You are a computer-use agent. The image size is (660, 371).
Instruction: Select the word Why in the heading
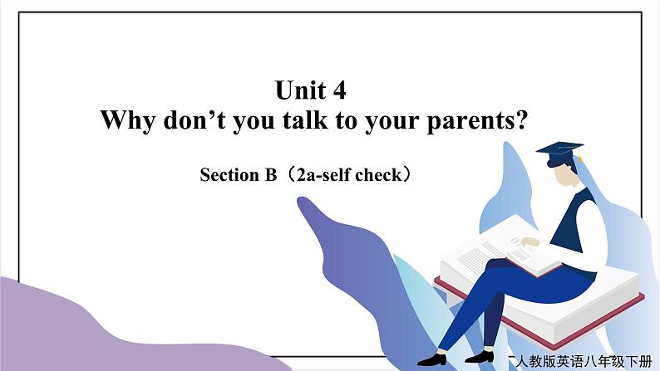pos(127,120)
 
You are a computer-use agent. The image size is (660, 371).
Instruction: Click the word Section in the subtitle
pos(229,175)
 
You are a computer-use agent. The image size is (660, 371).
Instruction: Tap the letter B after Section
pos(270,175)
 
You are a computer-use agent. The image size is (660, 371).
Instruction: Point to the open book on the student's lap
pos(532,255)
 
